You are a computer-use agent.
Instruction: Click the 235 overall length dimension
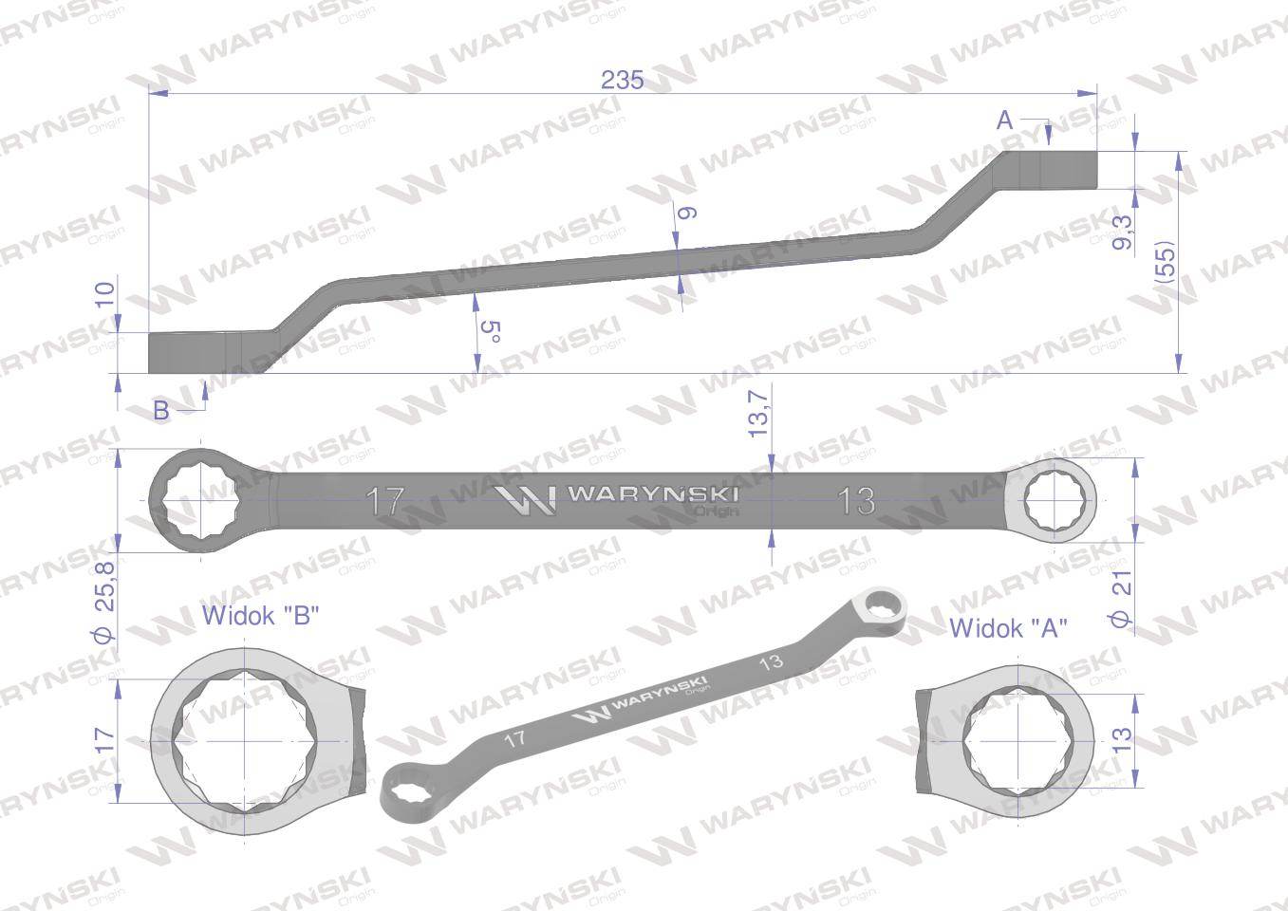[622, 81]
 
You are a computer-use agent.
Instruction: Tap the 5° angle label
[490, 332]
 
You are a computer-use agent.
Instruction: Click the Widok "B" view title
[260, 616]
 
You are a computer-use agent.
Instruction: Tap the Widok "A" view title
[1008, 627]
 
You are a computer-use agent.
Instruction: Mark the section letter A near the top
[1005, 121]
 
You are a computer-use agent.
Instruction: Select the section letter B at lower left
[161, 411]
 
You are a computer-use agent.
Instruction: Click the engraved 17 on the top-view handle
[386, 500]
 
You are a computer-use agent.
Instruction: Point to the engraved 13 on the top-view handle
[856, 500]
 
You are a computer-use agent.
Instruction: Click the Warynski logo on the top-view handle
[617, 497]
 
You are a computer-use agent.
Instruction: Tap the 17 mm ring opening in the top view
[199, 499]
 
